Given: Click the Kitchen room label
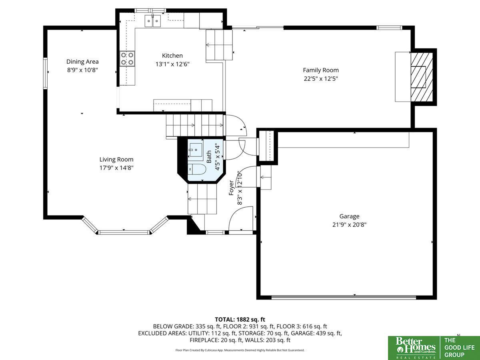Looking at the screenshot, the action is click(x=172, y=56).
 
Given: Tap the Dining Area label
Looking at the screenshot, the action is click(x=82, y=62).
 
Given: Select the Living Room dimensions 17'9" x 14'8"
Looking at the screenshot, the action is click(x=116, y=168).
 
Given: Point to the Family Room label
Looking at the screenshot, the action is click(x=321, y=70).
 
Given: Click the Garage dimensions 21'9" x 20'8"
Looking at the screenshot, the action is click(x=350, y=225).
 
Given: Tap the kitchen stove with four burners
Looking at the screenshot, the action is click(x=127, y=59).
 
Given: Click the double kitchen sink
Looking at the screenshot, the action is click(x=153, y=21).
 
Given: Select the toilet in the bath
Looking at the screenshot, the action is click(x=197, y=169).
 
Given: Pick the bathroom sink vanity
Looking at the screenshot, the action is click(x=196, y=150).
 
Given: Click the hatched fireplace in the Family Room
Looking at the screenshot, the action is click(x=422, y=77).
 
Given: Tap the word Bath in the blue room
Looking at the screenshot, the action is click(x=209, y=157).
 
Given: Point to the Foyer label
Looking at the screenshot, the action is click(x=231, y=188).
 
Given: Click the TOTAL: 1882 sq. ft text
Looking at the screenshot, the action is click(x=240, y=320).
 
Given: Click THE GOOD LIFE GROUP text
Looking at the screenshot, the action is click(x=460, y=348).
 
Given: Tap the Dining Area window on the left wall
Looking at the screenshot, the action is click(x=45, y=73).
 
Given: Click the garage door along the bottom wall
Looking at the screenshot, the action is click(x=344, y=297).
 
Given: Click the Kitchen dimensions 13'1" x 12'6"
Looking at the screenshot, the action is click(x=172, y=64).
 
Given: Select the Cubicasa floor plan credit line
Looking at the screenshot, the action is click(x=240, y=350).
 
